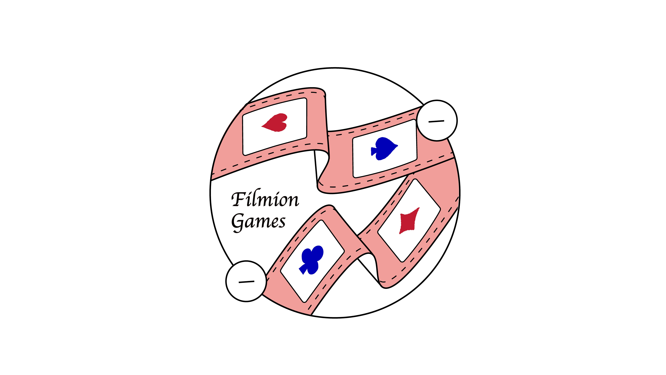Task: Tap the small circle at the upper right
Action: pos(437,120)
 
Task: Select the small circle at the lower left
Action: pos(246,281)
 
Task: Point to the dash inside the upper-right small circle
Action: pos(436,121)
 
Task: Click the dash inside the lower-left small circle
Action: pos(246,282)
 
